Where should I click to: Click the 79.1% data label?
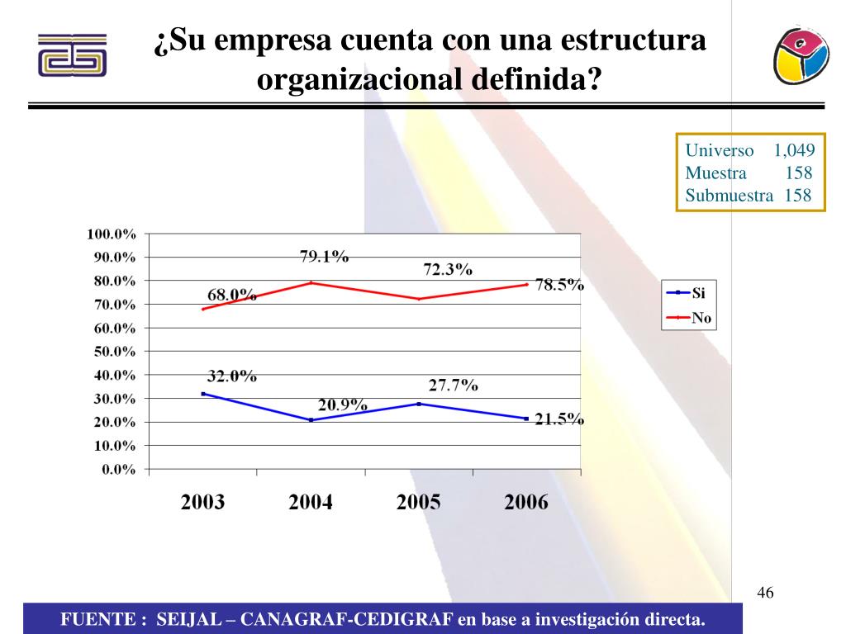pos(324,257)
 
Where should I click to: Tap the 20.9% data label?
pos(343,405)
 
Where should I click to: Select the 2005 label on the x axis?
pos(418,503)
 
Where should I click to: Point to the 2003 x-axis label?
pos(202,503)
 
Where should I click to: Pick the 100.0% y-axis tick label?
pos(112,234)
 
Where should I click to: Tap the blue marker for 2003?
pos(203,394)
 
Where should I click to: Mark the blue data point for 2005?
pos(419,404)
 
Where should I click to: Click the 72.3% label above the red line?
pos(447,270)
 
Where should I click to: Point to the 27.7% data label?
pos(453,385)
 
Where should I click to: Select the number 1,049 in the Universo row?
pos(794,151)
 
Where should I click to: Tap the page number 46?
pos(765,594)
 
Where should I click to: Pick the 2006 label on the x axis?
pos(526,503)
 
